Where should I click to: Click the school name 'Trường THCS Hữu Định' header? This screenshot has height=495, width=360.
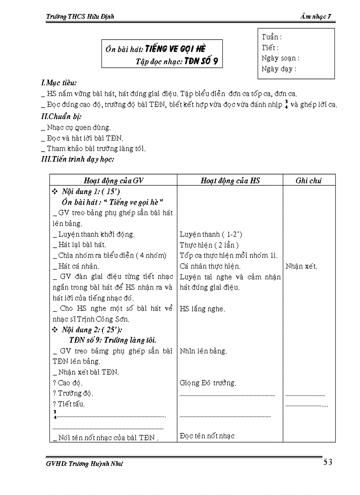coord(80,17)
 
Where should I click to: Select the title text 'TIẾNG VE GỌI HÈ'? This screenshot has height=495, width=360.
coord(175,48)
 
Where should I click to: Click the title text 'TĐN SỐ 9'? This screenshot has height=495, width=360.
coord(201,61)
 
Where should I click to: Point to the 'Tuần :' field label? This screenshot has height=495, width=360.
coord(271,37)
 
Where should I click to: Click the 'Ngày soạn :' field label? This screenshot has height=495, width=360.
coord(280,58)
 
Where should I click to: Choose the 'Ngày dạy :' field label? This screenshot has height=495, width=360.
coord(279,69)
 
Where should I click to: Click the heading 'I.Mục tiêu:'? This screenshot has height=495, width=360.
coord(59,83)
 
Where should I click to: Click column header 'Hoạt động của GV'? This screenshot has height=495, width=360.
coord(114,180)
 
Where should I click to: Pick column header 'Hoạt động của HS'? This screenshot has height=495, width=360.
coord(230,180)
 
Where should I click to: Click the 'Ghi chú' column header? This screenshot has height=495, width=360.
coord(309,180)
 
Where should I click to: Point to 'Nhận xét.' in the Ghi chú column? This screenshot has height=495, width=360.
coord(301,266)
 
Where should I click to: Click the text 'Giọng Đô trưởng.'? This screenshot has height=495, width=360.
coord(208,383)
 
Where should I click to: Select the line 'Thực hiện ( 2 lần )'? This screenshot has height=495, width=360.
coord(209,245)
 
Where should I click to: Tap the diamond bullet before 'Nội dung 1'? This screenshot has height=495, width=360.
coord(55,192)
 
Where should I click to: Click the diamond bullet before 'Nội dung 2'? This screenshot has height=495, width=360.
coord(55,330)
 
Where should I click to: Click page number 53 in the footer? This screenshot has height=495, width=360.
coord(328,462)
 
